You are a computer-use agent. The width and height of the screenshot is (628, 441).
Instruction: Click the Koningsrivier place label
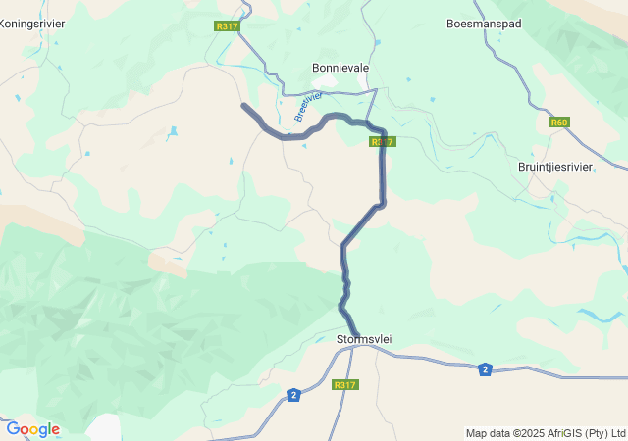(x=33, y=22)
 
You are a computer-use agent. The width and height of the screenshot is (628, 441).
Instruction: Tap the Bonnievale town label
(x=340, y=68)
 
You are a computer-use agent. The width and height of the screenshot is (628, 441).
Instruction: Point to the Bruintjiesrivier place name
(x=555, y=167)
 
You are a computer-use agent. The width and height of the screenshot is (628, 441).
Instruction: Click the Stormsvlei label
(x=365, y=339)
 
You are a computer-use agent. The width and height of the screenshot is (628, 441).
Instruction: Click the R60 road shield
(x=559, y=122)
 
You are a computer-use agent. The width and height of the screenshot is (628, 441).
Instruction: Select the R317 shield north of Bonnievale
(x=227, y=26)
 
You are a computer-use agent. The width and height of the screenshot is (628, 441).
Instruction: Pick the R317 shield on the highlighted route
(x=383, y=142)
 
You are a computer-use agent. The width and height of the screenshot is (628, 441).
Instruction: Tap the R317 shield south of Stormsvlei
(x=345, y=385)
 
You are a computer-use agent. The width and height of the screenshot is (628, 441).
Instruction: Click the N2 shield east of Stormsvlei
(x=485, y=369)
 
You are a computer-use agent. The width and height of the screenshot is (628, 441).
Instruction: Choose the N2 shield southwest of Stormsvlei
(x=293, y=394)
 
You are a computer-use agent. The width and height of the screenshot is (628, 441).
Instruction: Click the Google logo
(x=32, y=429)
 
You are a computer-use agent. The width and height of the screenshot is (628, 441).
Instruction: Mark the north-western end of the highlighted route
(x=244, y=106)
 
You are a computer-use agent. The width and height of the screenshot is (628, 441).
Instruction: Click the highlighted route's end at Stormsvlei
(x=357, y=334)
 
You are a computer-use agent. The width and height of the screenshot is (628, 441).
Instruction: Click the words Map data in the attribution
(x=489, y=433)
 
